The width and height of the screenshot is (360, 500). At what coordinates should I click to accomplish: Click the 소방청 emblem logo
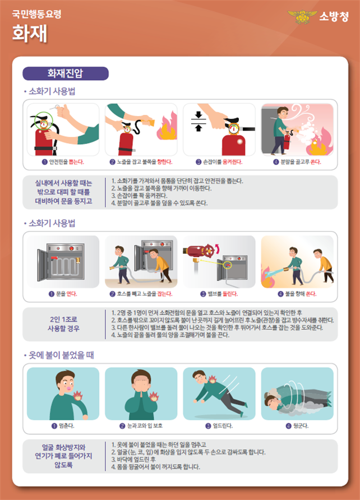(302, 17)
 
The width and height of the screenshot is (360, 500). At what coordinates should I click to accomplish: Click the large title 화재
(30, 33)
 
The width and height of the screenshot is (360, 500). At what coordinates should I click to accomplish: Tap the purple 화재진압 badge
(66, 73)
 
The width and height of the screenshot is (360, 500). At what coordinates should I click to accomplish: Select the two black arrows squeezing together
(199, 121)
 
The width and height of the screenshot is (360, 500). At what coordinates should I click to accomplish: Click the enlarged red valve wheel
(209, 252)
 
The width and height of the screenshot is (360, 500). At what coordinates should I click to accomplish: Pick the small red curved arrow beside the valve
(218, 248)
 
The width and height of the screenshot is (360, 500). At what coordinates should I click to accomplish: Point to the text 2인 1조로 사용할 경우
(63, 324)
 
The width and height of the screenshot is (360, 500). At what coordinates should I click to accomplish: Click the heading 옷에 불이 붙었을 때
(61, 355)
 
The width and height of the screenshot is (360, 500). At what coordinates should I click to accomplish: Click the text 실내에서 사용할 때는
(63, 183)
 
